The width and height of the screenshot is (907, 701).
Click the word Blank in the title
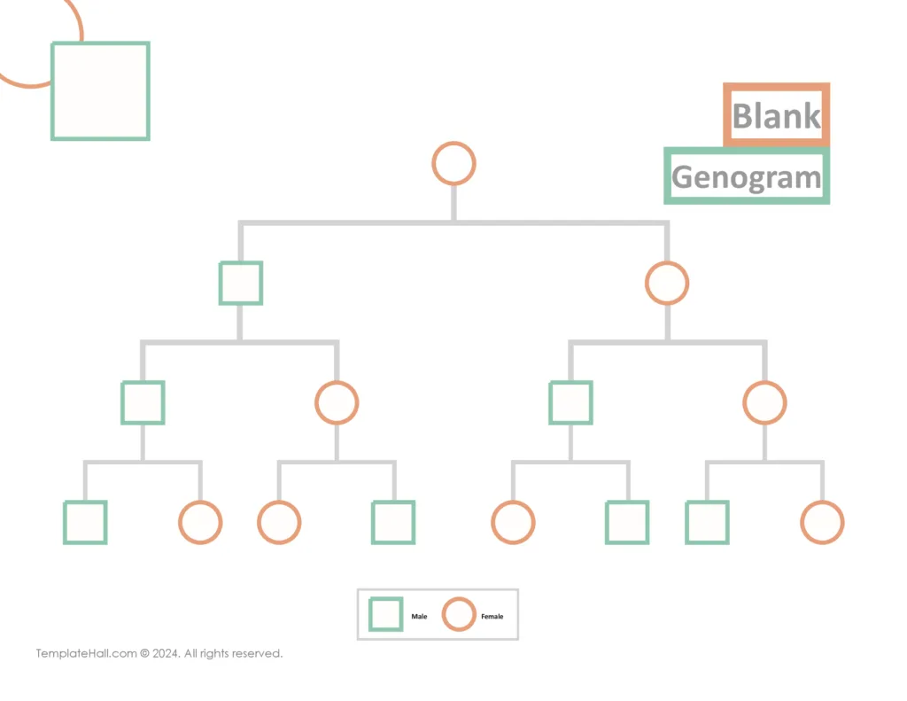click(777, 116)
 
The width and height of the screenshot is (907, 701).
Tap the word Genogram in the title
click(747, 177)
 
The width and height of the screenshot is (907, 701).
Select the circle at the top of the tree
click(453, 164)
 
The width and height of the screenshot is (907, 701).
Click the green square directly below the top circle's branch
click(241, 283)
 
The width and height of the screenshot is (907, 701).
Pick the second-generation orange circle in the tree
click(667, 283)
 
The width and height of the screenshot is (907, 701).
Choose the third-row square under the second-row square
click(143, 402)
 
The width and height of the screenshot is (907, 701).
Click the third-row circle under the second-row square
click(337, 402)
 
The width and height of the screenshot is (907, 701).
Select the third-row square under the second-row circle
click(570, 402)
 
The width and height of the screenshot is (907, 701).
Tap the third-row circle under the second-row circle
click(764, 402)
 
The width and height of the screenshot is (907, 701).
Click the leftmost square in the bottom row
click(85, 522)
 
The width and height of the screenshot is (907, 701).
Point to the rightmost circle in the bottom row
click(822, 522)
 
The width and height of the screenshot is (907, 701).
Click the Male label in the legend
click(419, 616)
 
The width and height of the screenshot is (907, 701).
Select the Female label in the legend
click(492, 616)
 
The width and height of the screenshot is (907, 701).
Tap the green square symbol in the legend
click(386, 613)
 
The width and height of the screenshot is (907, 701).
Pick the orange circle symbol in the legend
click(459, 613)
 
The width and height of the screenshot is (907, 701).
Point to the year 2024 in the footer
click(166, 654)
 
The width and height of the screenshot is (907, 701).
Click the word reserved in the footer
click(257, 654)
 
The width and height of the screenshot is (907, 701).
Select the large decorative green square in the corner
click(100, 90)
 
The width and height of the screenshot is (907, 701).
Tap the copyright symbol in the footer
click(144, 654)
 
